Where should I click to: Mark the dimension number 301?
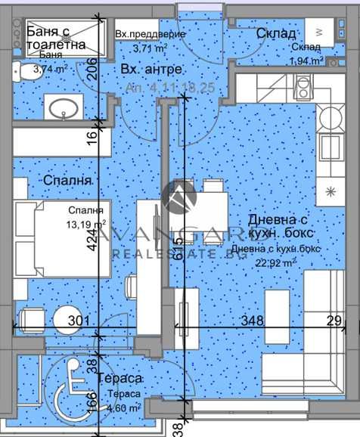click(77, 321)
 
